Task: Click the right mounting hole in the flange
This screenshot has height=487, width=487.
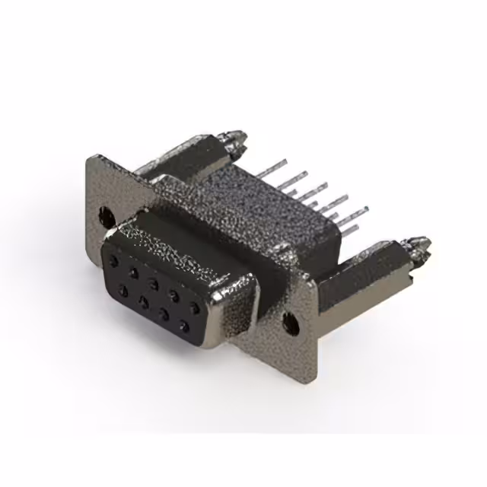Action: (x=290, y=323)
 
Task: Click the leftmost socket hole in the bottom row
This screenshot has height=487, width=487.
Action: (x=122, y=290)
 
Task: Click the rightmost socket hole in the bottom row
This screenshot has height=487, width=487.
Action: (x=183, y=328)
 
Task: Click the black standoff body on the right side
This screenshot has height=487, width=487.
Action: (x=358, y=282)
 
